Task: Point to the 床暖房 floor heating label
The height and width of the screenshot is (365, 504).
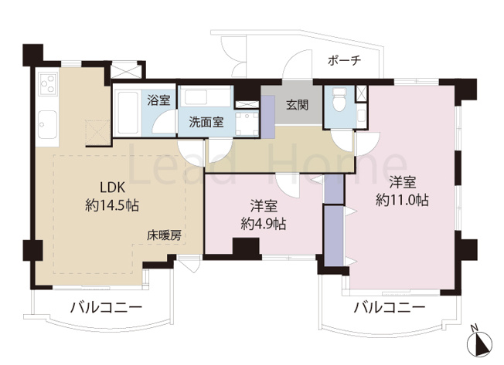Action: point(165,236)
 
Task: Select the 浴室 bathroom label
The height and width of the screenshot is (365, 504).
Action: point(159,100)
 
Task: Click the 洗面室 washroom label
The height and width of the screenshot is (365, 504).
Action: point(207,121)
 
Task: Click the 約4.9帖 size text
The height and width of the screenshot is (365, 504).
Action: point(263,224)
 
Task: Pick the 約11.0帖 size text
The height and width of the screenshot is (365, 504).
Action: point(403,200)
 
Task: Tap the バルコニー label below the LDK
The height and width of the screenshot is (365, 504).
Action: point(106,307)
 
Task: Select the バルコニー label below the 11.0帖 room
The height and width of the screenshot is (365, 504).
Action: point(390,307)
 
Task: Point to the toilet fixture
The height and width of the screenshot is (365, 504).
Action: point(339,103)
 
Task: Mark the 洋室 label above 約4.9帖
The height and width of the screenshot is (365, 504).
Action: point(263,206)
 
